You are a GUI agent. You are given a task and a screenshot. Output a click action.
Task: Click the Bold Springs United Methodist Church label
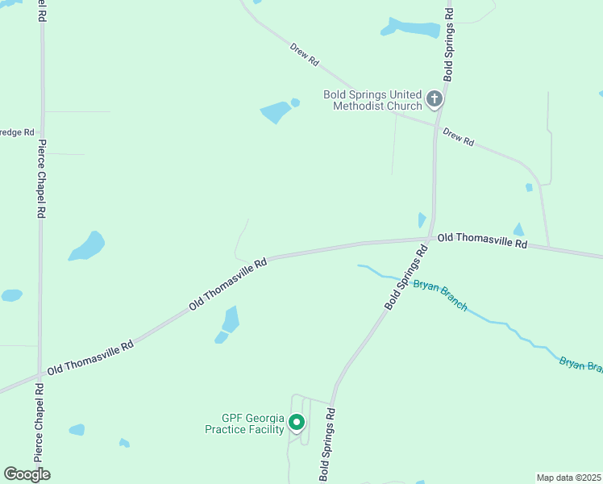(372, 100)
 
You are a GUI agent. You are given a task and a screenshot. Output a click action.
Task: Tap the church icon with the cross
(435, 99)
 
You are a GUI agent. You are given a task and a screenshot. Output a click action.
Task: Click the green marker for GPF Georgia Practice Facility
(297, 422)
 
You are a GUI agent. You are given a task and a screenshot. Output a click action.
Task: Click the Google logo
(27, 474)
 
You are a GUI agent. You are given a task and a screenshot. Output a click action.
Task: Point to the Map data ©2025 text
(568, 478)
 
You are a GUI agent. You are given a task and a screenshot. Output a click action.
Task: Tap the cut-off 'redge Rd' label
(17, 131)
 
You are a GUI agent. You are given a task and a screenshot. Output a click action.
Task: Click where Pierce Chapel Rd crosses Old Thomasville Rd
(40, 374)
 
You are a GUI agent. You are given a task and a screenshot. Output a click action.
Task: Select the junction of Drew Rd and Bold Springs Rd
(436, 126)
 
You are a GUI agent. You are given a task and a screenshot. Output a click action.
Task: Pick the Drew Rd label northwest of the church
(305, 55)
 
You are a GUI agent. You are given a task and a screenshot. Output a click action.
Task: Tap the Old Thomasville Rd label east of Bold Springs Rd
(482, 240)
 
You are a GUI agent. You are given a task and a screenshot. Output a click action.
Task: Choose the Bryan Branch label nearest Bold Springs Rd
(439, 295)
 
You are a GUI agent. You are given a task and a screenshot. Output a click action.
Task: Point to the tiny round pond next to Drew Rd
(295, 102)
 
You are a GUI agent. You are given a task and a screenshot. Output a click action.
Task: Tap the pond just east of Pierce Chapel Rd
(87, 246)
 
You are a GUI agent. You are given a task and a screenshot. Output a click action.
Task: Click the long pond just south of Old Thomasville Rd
(230, 320)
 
